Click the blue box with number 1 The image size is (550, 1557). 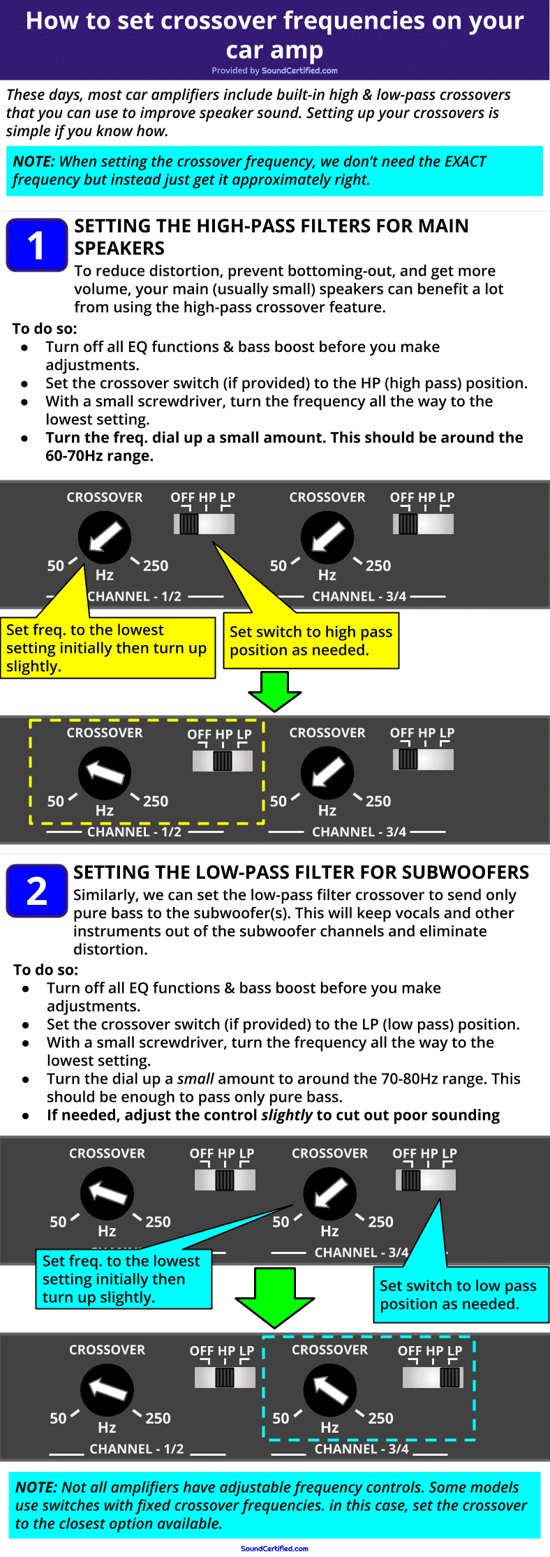(36, 244)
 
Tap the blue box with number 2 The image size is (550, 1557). (36, 891)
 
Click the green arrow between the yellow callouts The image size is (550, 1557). (274, 691)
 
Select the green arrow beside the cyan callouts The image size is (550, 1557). (274, 1297)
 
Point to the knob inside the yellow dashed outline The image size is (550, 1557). (105, 773)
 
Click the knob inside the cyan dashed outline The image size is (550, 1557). (329, 1389)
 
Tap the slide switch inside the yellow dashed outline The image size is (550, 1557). (223, 760)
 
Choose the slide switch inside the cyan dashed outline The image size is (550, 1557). (433, 1377)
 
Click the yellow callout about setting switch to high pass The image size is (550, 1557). (311, 640)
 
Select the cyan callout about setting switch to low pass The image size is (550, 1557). (458, 1295)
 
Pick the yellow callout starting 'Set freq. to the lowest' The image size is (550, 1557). (107, 647)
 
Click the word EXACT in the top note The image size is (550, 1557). (465, 161)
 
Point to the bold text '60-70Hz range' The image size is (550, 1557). (98, 456)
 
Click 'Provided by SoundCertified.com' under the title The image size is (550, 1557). (274, 71)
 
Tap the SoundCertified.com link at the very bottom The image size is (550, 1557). (274, 1548)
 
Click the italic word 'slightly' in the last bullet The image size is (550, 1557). (286, 1115)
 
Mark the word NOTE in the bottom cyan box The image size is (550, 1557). (36, 1487)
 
